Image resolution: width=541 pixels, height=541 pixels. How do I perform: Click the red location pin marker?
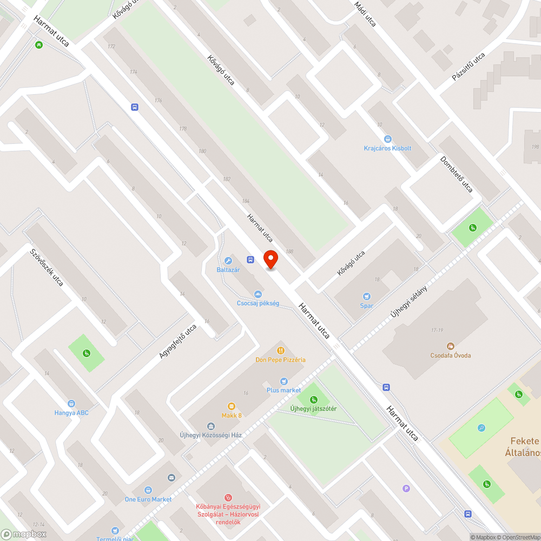tap(270, 259)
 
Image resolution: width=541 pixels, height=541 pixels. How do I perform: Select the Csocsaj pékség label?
tap(258, 304)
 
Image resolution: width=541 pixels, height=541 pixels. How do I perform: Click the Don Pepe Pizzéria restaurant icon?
tap(281, 350)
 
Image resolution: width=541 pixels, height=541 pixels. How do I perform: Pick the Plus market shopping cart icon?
tap(283, 381)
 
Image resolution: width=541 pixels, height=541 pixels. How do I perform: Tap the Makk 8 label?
tap(232, 415)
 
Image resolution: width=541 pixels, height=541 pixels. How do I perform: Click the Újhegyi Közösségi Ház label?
tap(210, 435)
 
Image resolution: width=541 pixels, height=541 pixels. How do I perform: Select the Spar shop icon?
tap(367, 296)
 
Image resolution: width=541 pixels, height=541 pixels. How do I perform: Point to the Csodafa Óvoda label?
tap(450, 355)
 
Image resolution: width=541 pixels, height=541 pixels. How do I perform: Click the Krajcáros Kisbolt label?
tap(387, 148)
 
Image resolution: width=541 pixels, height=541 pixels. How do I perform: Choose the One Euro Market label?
tap(148, 499)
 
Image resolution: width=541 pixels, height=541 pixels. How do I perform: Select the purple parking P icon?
tap(406, 489)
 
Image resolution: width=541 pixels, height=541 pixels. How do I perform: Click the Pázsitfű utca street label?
tap(469, 68)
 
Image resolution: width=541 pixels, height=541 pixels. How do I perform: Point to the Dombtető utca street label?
tap(456, 174)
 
